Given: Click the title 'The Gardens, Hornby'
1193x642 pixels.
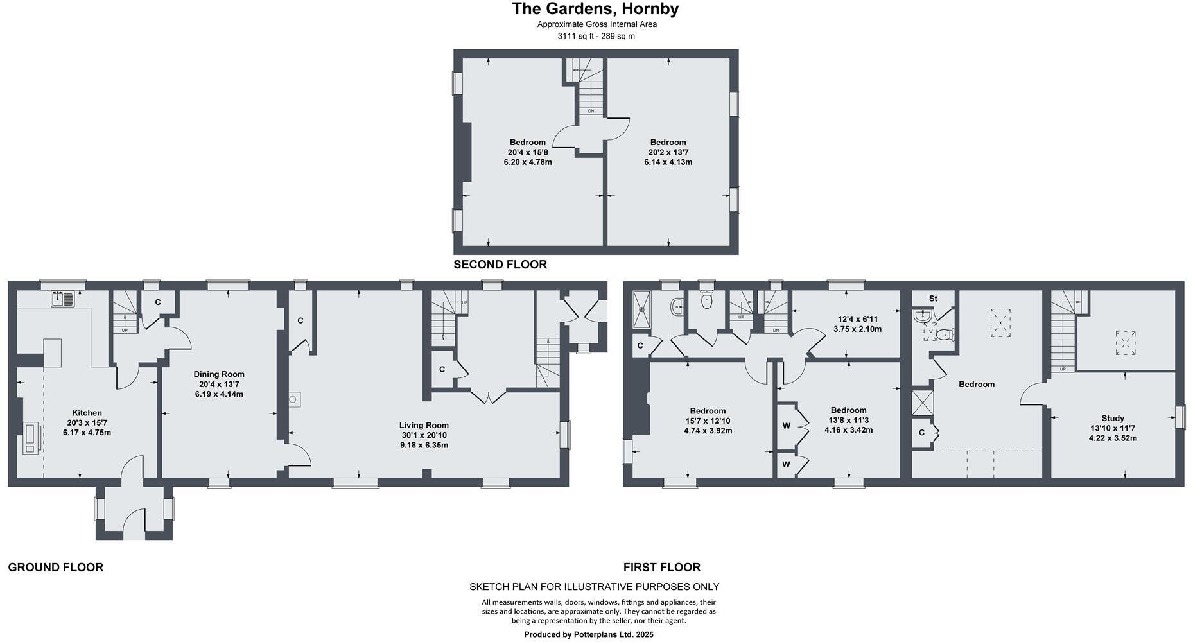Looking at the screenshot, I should tap(595, 9).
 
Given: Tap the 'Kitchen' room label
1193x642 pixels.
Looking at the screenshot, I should tap(87, 413).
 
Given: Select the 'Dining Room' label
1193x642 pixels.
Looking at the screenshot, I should tap(219, 374).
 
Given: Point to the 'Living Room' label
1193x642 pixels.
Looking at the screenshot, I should tap(424, 425).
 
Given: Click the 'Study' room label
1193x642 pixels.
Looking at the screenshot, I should tap(1113, 418).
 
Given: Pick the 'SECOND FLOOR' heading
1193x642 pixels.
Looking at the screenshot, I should tap(500, 265).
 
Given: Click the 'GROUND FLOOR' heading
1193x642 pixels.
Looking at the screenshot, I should tap(56, 568).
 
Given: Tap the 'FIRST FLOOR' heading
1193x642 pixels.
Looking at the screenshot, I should tap(661, 568).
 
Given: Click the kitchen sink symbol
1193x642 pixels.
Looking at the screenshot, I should tap(63, 299).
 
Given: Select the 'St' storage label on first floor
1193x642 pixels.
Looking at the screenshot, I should tap(933, 299).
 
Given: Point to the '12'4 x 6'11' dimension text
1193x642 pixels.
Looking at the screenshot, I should tap(857, 319).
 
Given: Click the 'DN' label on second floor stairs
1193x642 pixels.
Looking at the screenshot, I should tap(591, 111).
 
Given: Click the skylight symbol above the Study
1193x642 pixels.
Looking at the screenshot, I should tap(1124, 343).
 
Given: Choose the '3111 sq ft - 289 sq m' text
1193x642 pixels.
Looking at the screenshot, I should tap(596, 36).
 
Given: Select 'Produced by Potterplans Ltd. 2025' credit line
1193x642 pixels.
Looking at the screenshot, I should tap(589, 634).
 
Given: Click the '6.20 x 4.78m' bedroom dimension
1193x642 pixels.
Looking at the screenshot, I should tap(528, 162).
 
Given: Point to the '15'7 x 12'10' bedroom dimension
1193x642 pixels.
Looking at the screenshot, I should tap(708, 421).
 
